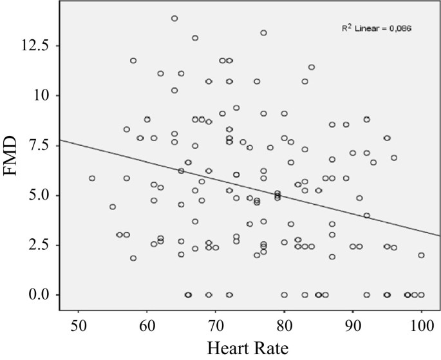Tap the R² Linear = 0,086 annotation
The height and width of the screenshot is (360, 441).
coord(377,29)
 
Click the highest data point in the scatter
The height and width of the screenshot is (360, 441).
coord(174,19)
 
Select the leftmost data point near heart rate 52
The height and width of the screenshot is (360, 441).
coord(92,178)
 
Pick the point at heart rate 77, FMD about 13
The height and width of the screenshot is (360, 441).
coord(263,33)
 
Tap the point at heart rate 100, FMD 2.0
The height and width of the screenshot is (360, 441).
coord(421,255)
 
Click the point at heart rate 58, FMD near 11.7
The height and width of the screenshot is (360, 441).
coord(133,61)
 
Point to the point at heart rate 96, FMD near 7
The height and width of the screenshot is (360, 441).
coord(394,158)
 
